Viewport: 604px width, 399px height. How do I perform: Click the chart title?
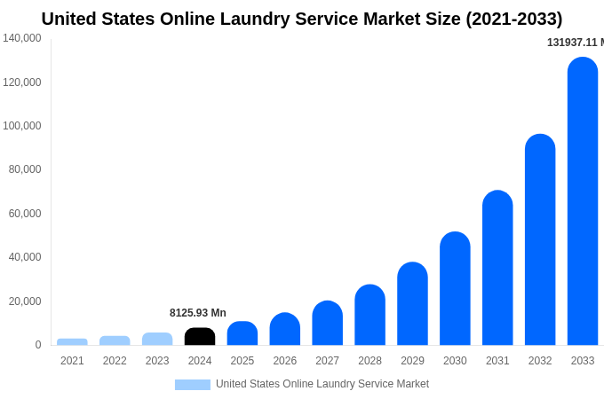pos(302,19)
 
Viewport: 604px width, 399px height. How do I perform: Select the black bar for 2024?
pos(200,337)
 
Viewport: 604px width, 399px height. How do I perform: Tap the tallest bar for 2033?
pos(583,202)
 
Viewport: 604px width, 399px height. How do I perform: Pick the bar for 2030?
pos(455,289)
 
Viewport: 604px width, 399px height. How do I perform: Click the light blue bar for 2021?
pos(72,341)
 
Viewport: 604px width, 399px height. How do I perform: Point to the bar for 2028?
pos(370,316)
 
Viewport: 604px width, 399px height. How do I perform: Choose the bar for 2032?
pos(540,240)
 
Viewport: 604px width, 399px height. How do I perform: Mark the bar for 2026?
pos(285,330)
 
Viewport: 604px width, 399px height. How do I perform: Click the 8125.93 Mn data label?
pos(198,313)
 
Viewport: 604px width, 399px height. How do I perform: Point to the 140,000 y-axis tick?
pos(22,38)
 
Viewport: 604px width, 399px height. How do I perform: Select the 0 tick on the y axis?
pos(37,345)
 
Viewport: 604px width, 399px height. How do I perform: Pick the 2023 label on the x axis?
pos(157,361)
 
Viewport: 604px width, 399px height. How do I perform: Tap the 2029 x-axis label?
pos(412,361)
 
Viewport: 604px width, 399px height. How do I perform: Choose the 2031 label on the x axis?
pos(497,361)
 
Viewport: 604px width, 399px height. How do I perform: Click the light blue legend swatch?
pos(193,385)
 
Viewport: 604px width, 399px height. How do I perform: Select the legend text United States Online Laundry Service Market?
pos(322,384)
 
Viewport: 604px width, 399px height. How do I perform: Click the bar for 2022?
pos(115,340)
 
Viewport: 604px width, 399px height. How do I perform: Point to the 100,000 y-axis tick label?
pos(22,126)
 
